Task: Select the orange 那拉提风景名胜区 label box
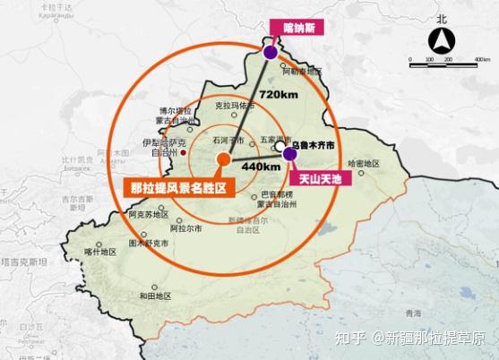coord(176,188)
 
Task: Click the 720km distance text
coord(278,94)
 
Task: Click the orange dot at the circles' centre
coord(222,159)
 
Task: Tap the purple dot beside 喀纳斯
coord(270,54)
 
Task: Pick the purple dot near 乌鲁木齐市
coord(289,154)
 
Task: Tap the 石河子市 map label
coord(223,141)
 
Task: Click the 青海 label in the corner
coord(411,313)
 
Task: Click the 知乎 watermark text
coord(353,338)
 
